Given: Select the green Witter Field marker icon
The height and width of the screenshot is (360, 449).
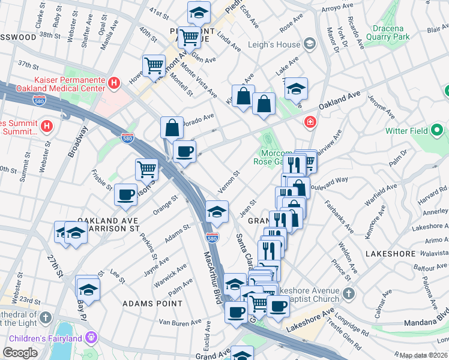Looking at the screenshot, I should [438, 130].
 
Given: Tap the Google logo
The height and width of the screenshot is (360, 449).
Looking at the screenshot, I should [20, 353].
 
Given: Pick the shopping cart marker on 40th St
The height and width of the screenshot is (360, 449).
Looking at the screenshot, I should [154, 64].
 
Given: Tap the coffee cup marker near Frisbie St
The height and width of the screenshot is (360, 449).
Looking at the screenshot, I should [125, 194].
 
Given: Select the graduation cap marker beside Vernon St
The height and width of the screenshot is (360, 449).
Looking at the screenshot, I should [217, 211].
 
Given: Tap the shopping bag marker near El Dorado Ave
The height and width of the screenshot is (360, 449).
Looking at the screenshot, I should [172, 127].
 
